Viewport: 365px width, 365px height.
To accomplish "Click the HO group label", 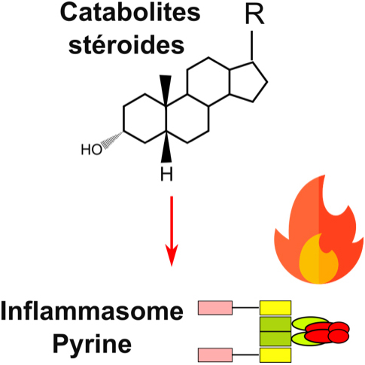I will (x=92, y=150).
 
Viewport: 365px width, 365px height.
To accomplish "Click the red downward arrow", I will (x=172, y=230).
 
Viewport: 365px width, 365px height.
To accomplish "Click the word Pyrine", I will (x=92, y=344).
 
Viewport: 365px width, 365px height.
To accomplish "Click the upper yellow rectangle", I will (x=275, y=307).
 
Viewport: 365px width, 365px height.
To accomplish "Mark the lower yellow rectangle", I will (x=275, y=354).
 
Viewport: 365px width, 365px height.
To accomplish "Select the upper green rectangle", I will (x=275, y=323).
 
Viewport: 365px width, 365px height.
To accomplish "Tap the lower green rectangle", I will (x=275, y=339).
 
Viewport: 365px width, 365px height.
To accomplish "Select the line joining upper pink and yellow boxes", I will (x=247, y=307).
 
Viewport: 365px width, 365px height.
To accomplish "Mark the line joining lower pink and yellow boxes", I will (x=247, y=353).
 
